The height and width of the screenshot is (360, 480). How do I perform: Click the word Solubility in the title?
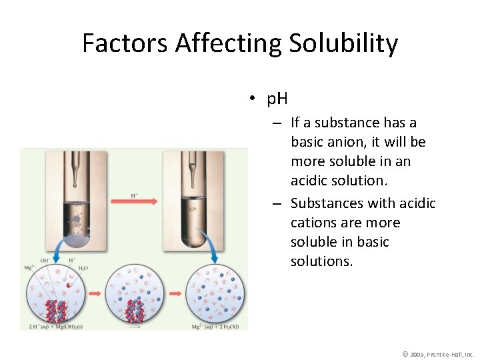pos(343,44)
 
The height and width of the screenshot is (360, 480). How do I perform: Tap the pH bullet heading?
pos(277,99)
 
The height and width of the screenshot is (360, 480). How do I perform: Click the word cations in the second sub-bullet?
pos(317,222)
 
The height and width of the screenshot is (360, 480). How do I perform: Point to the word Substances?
pos(327,203)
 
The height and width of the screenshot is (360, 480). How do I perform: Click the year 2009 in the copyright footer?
pos(420,354)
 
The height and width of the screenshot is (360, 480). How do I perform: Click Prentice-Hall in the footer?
pos(449,354)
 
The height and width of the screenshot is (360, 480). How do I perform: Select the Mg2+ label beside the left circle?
pos(30,267)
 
